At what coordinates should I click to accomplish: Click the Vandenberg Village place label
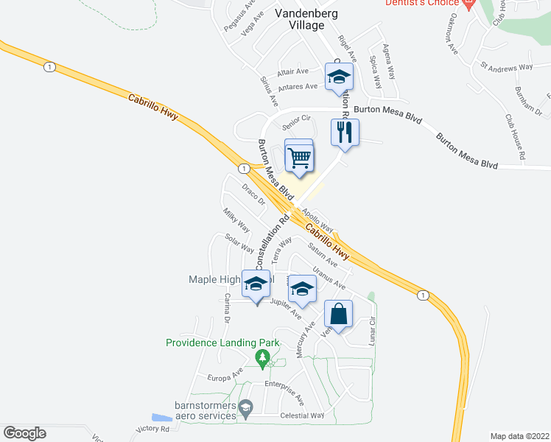(x=300, y=19)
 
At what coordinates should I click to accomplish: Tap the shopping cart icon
(x=299, y=156)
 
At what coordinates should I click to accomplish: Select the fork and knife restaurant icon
(x=344, y=133)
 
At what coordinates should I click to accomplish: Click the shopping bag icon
(x=338, y=315)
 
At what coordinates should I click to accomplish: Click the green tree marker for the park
(x=262, y=359)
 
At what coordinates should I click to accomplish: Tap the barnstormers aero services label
(x=205, y=410)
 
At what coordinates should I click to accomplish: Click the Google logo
(x=24, y=433)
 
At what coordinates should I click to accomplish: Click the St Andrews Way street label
(x=506, y=67)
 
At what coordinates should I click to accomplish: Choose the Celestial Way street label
(x=302, y=415)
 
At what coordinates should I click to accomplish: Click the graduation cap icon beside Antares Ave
(x=339, y=77)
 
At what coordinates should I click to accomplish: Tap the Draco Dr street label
(x=253, y=195)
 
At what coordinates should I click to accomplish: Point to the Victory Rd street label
(x=153, y=429)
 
